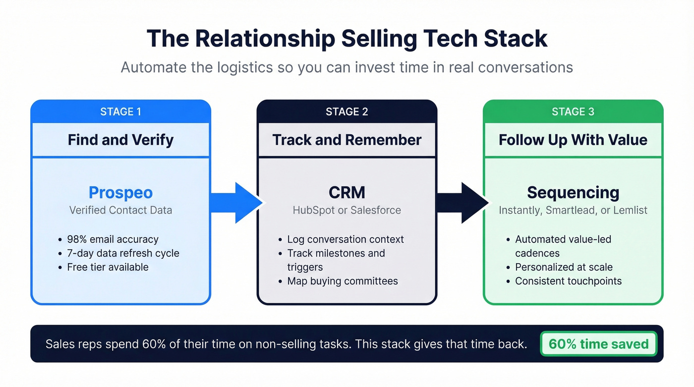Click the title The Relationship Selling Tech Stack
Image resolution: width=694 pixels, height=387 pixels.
347,39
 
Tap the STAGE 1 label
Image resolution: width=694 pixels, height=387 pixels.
120,111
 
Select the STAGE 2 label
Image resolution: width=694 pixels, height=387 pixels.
347,111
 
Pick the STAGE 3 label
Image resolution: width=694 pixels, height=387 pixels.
573,111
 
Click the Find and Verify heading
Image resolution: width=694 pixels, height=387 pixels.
120,140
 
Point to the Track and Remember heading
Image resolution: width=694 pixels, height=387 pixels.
347,140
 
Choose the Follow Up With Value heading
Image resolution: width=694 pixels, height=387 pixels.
573,140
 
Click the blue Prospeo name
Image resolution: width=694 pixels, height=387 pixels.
120,192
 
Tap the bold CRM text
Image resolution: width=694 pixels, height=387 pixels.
347,192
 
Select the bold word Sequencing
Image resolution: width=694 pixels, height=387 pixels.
573,192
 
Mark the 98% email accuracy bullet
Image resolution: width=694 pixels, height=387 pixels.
113,239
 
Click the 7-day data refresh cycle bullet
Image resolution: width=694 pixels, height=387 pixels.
123,253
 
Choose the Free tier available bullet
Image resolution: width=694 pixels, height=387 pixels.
108,267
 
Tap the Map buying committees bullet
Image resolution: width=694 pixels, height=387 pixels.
342,281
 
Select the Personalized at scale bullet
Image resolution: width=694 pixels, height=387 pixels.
564,267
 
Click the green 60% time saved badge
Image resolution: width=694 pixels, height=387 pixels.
598,344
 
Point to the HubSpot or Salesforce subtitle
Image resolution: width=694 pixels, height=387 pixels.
347,210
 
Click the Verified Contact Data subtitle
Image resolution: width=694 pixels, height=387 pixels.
120,210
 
